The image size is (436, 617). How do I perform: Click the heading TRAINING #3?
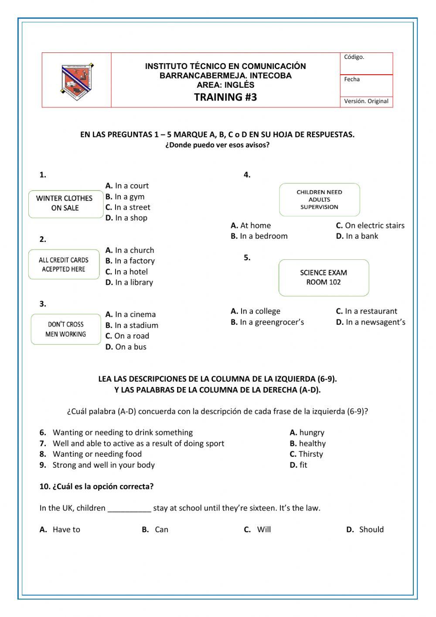pyautogui.click(x=225, y=97)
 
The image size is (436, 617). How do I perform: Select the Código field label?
pyautogui.click(x=354, y=57)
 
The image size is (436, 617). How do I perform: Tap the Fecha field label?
pyautogui.click(x=352, y=79)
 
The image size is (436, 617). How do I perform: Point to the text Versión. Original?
pyautogui.click(x=366, y=101)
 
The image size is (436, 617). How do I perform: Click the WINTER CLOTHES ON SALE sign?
pyautogui.click(x=65, y=203)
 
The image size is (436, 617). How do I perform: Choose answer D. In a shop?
pyautogui.click(x=126, y=218)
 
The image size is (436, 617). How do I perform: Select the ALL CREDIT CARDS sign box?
pyautogui.click(x=64, y=265)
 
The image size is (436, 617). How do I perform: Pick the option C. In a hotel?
pyautogui.click(x=126, y=272)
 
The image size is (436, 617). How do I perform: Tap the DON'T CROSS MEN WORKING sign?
pyautogui.click(x=66, y=329)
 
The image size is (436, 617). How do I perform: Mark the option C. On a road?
pyautogui.click(x=127, y=336)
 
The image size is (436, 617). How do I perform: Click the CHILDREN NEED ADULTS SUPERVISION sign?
pyautogui.click(x=319, y=200)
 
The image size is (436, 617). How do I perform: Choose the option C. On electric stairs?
pyautogui.click(x=370, y=226)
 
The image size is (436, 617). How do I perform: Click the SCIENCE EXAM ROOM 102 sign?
pyautogui.click(x=324, y=278)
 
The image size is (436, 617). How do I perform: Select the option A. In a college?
pyautogui.click(x=255, y=311)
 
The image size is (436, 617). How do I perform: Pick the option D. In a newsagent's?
pyautogui.click(x=370, y=322)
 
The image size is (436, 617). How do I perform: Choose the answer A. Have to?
pyautogui.click(x=60, y=530)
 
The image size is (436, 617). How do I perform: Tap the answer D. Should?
pyautogui.click(x=365, y=530)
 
